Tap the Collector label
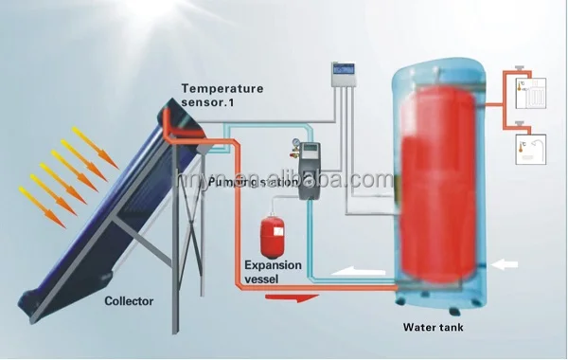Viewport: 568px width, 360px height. coord(127,302)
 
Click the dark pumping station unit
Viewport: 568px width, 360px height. coord(309,171)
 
